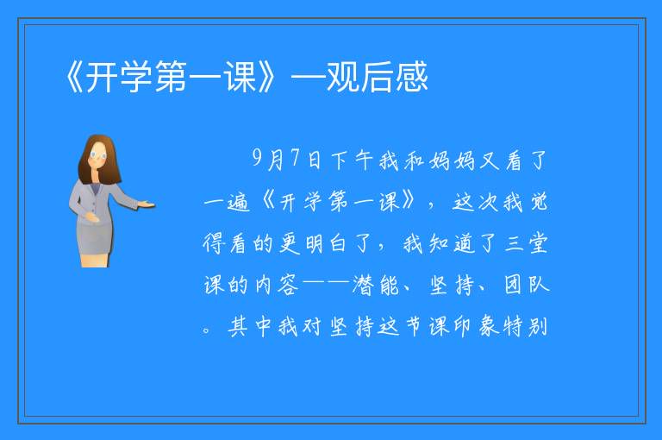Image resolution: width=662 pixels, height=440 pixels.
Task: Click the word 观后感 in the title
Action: tap(377, 77)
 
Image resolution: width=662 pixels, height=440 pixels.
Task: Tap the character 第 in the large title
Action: tap(171, 77)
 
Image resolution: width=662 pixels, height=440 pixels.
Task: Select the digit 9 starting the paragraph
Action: tap(258, 159)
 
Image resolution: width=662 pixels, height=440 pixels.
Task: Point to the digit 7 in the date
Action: tap(296, 158)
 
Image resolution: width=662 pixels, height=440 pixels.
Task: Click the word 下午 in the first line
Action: tap(352, 160)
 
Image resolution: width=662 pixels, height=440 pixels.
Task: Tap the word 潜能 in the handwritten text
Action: tap(375, 285)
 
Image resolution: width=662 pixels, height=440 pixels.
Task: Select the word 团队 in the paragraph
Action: tap(527, 285)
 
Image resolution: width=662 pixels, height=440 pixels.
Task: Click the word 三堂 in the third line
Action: tap(527, 243)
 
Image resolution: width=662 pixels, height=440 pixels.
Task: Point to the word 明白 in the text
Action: tap(325, 244)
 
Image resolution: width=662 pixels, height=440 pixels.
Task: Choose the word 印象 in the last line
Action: tap(477, 326)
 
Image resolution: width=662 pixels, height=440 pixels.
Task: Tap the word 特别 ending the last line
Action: tap(527, 326)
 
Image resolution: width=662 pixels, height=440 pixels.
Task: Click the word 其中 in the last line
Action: tap(249, 326)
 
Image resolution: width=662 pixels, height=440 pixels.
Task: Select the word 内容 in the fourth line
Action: tap(277, 285)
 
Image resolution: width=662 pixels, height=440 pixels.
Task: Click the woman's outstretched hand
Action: tap(146, 205)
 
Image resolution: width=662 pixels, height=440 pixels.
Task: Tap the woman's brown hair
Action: tap(99, 160)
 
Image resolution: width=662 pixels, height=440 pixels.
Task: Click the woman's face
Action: tap(98, 155)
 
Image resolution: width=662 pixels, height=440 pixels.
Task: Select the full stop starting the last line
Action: tap(206, 330)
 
